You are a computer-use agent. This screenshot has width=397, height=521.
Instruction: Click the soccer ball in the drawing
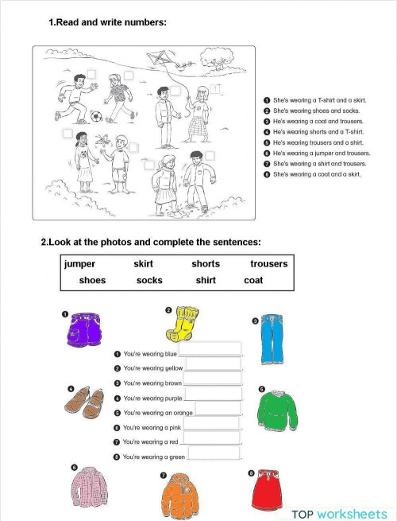96,116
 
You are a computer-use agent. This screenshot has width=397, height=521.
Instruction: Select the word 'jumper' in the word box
80,264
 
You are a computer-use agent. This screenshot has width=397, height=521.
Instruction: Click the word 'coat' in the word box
253,280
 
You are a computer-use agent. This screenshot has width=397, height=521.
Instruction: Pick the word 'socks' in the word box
149,280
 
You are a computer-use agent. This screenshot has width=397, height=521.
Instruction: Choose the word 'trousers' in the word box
268,264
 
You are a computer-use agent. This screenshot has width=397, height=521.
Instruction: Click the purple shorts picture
86,331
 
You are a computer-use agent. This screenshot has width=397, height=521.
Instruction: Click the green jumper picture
276,410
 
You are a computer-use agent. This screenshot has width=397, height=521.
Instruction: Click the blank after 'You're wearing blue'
210,348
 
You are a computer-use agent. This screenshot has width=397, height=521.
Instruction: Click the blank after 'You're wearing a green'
214,453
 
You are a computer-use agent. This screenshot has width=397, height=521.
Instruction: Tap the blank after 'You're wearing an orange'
217,408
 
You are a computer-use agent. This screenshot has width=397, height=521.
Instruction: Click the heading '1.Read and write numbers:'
108,22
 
